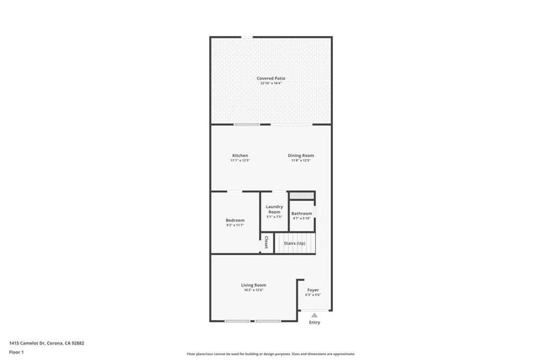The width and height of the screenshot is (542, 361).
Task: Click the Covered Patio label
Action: click(271, 78)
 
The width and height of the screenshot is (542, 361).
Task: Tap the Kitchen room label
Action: click(240, 155)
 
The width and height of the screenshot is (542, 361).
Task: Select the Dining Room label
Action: click(301, 155)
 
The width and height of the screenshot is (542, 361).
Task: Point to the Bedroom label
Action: click(235, 220)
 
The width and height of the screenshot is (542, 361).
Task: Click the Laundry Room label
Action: click(275, 209)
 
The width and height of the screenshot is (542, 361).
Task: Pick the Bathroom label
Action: click(301, 214)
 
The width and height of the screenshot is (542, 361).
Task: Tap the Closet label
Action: click(266, 242)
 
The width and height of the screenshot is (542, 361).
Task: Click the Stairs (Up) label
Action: click(294, 243)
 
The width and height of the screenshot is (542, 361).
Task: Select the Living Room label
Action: click(254, 285)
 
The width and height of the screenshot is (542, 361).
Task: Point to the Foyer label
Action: click(313, 290)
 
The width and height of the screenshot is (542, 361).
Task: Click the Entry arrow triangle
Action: click(314, 315)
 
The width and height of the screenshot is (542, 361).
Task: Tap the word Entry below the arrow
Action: click(314, 322)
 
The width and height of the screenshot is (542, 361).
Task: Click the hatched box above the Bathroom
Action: click(301, 196)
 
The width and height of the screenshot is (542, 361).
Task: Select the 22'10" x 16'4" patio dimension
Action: click(271, 83)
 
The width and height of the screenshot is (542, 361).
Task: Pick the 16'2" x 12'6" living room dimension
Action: click(254, 290)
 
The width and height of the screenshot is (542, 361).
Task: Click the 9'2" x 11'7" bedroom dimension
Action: click(235, 225)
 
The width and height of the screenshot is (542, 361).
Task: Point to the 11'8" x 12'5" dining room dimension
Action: click(301, 161)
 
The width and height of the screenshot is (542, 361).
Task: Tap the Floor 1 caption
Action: click(16, 353)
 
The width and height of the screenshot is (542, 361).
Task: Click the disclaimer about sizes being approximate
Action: click(271, 354)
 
